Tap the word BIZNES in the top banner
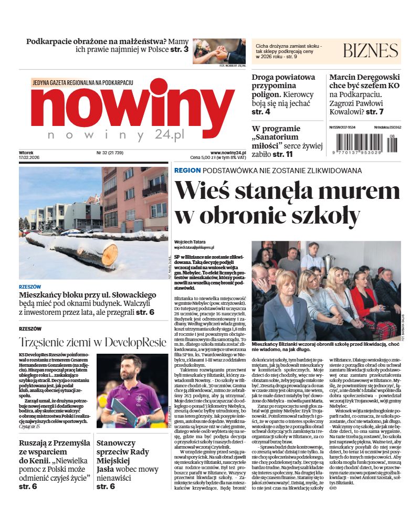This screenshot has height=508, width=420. [x=370, y=51]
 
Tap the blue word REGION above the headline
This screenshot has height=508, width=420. [x=187, y=171]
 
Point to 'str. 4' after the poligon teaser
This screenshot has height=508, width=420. [x=260, y=112]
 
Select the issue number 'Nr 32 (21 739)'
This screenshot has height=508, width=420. [x=110, y=153]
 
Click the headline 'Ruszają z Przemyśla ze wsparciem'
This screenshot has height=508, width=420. [x=55, y=448]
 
